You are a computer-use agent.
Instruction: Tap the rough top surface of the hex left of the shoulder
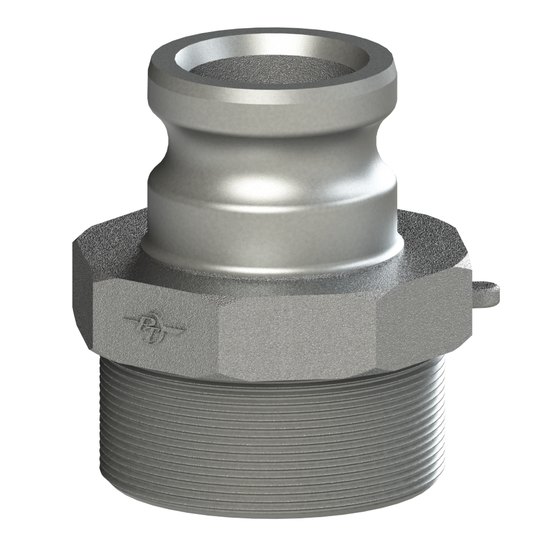tap(110, 248)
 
